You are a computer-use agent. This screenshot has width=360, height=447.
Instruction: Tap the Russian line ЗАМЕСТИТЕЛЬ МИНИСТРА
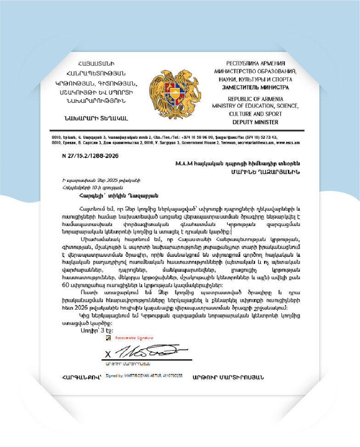tap(256, 87)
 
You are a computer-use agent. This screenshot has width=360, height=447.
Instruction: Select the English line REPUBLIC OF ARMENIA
tap(255, 99)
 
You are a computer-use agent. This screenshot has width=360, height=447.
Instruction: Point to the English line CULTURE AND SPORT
tap(255, 114)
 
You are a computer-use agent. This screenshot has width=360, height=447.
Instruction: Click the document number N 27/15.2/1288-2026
tap(90, 156)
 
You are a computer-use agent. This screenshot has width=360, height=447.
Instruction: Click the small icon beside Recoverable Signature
tap(108, 338)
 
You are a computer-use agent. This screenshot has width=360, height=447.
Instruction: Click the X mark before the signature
tap(108, 354)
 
